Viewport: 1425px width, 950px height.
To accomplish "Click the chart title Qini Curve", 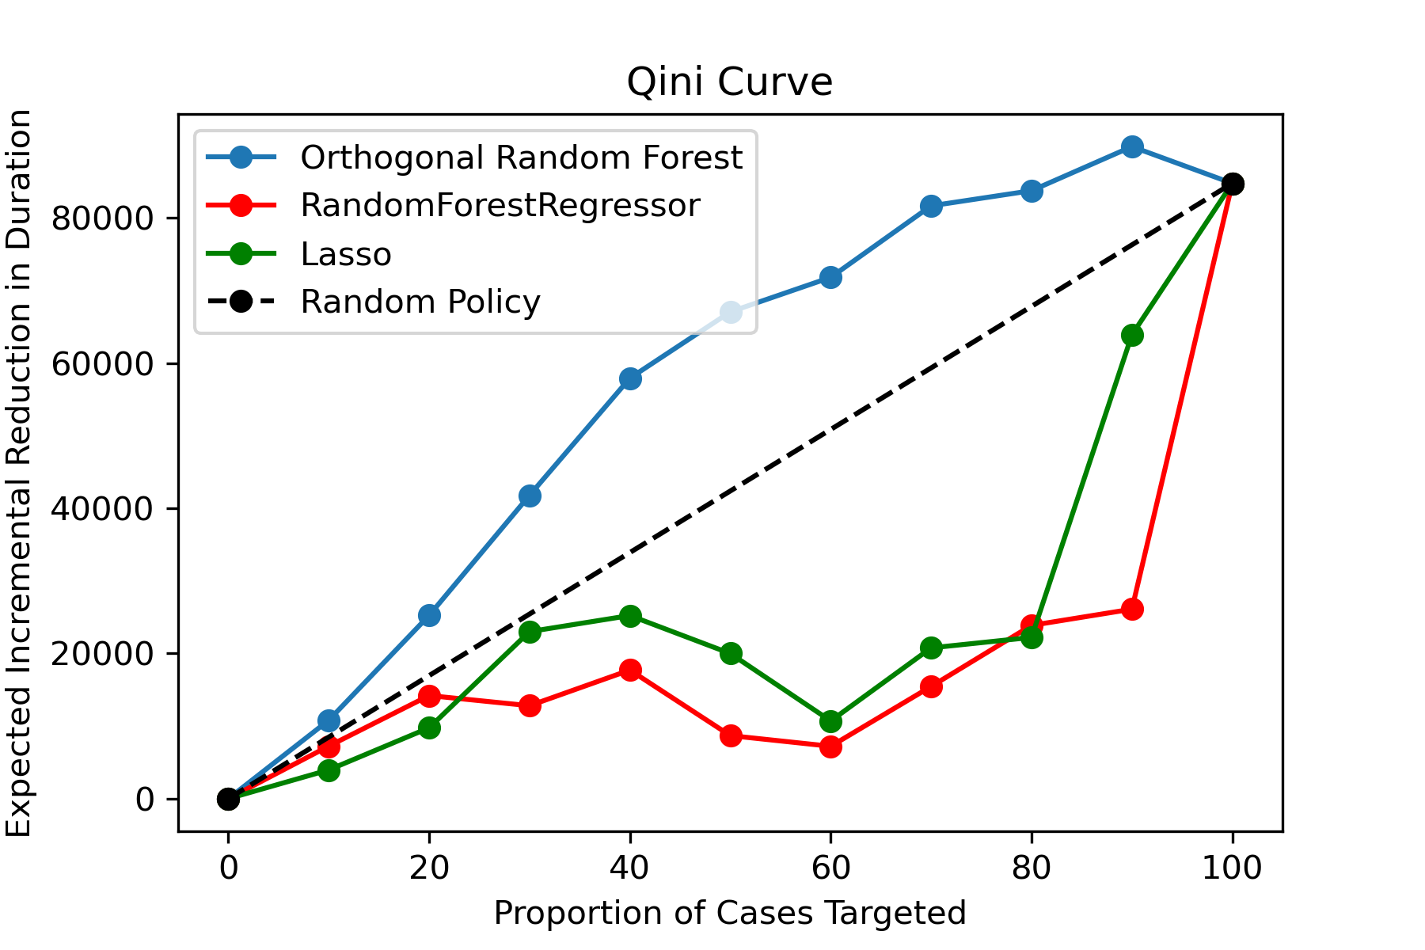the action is pos(729,83).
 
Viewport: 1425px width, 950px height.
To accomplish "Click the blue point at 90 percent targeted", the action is pos(1132,146).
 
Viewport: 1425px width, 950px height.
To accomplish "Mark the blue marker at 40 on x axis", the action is pos(630,378).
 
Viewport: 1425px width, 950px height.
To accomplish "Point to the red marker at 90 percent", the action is pos(1132,609).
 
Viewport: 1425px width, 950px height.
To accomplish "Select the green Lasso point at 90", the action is pos(1132,336).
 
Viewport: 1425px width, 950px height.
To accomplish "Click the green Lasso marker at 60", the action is pos(830,721).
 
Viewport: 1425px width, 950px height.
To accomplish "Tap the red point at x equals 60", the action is pos(830,747).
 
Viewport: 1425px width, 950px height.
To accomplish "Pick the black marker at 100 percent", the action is pos(1232,184).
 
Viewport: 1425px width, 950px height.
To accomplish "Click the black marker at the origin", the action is pos(228,799).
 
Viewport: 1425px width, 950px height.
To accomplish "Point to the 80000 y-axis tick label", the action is pos(102,218).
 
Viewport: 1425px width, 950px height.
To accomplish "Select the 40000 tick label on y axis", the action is pos(102,509).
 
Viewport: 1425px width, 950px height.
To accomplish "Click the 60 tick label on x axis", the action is pos(830,868).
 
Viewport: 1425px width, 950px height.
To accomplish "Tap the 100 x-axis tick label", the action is pos(1232,868).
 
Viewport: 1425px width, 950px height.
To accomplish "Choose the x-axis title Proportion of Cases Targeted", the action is pos(730,914).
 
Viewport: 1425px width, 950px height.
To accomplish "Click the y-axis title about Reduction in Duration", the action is pos(19,473).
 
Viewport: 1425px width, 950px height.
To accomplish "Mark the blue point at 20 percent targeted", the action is pos(429,615).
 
